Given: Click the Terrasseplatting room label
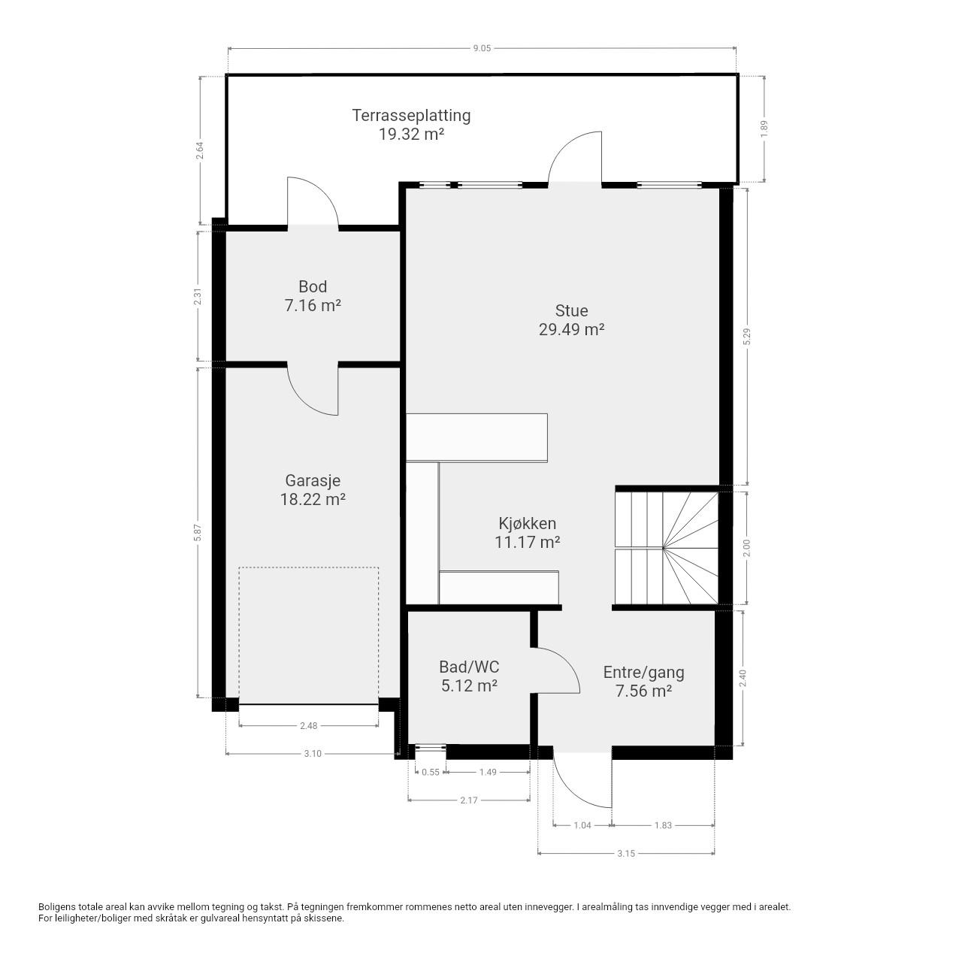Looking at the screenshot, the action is click(x=411, y=125).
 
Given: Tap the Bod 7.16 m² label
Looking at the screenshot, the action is click(x=313, y=296).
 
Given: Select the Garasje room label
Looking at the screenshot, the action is click(x=313, y=490).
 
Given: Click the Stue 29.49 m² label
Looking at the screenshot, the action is click(x=572, y=320).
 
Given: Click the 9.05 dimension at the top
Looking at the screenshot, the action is click(x=483, y=48).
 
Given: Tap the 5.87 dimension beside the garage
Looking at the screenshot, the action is click(x=198, y=533).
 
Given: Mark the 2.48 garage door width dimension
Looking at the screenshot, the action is click(x=309, y=726).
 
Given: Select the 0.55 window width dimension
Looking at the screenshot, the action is click(x=431, y=773).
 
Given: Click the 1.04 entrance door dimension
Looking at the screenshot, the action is click(x=582, y=825).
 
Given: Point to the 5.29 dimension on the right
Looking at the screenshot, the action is click(x=747, y=337).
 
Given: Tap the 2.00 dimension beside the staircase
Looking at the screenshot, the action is click(x=747, y=548).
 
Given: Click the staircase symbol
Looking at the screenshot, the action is click(x=667, y=548).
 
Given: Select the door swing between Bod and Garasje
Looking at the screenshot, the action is click(x=313, y=392).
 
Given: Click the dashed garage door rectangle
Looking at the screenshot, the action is click(x=309, y=567).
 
